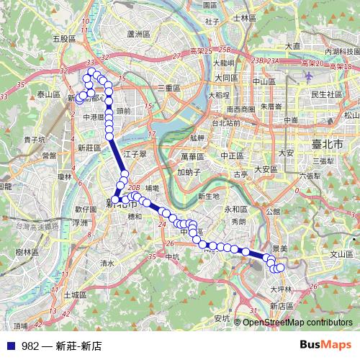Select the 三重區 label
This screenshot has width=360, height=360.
coord(169,87)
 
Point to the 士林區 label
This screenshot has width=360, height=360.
coord(245,17)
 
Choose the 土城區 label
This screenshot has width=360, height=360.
coord(74,294)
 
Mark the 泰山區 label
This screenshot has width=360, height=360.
coord(48,94)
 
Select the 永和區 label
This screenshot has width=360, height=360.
coord(235,209)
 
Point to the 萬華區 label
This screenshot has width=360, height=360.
coord(193,156)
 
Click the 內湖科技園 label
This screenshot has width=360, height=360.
coord(342,52)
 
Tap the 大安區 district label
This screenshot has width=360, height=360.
coord(266,169)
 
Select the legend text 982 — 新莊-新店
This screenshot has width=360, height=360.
coord(61,346)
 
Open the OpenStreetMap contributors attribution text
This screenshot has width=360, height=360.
coord(298,322)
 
